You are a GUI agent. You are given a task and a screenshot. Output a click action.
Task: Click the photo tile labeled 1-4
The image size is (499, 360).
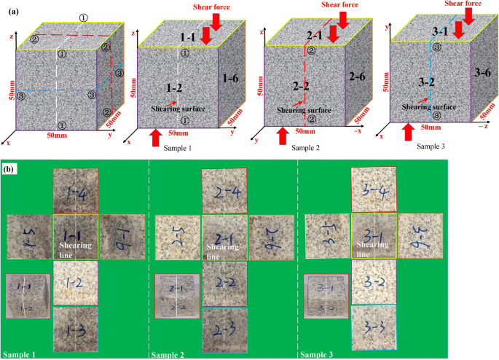click(x=75, y=192)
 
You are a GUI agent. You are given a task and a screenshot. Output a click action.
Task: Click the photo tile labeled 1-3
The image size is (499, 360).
click(x=75, y=329)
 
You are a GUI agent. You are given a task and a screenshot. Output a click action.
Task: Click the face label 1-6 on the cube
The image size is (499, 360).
click(x=229, y=78)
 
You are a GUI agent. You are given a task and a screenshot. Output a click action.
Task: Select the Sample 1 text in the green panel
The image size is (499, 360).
click(x=23, y=354)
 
